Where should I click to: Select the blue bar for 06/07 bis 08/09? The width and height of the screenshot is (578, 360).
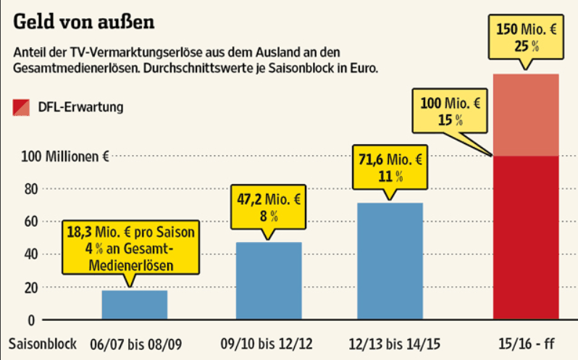click(x=135, y=304)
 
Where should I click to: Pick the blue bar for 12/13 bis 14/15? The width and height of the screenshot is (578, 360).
click(x=390, y=261)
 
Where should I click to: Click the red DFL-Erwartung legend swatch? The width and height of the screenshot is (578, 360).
click(x=22, y=108)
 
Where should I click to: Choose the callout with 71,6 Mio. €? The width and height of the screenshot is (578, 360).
click(x=390, y=167)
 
